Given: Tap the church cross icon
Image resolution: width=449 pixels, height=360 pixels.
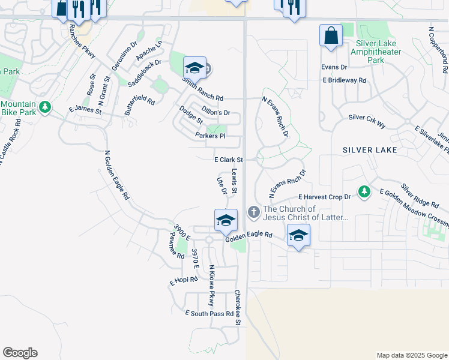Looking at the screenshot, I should [x=254, y=212].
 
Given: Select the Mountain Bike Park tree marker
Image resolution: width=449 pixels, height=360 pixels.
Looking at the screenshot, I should [x=44, y=107].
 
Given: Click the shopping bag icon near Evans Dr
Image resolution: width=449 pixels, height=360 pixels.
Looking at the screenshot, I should [x=331, y=36].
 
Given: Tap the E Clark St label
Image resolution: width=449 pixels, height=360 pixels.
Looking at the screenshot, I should [x=228, y=160].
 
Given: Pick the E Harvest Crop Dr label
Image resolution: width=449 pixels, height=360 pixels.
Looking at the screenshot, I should [x=324, y=197].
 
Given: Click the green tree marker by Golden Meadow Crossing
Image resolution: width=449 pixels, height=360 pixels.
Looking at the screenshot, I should [x=364, y=192].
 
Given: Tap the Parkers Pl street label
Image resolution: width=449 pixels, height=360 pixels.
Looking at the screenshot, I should [x=210, y=136].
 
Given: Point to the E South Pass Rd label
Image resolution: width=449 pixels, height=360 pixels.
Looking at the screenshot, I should [x=209, y=314].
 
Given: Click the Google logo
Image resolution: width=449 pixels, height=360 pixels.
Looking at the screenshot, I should [x=20, y=353].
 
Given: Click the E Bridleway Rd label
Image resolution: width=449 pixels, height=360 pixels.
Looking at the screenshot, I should [x=344, y=80].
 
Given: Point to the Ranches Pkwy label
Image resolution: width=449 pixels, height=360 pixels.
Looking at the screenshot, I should [x=82, y=41].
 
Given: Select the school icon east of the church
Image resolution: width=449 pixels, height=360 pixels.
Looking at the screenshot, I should [x=298, y=235].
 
